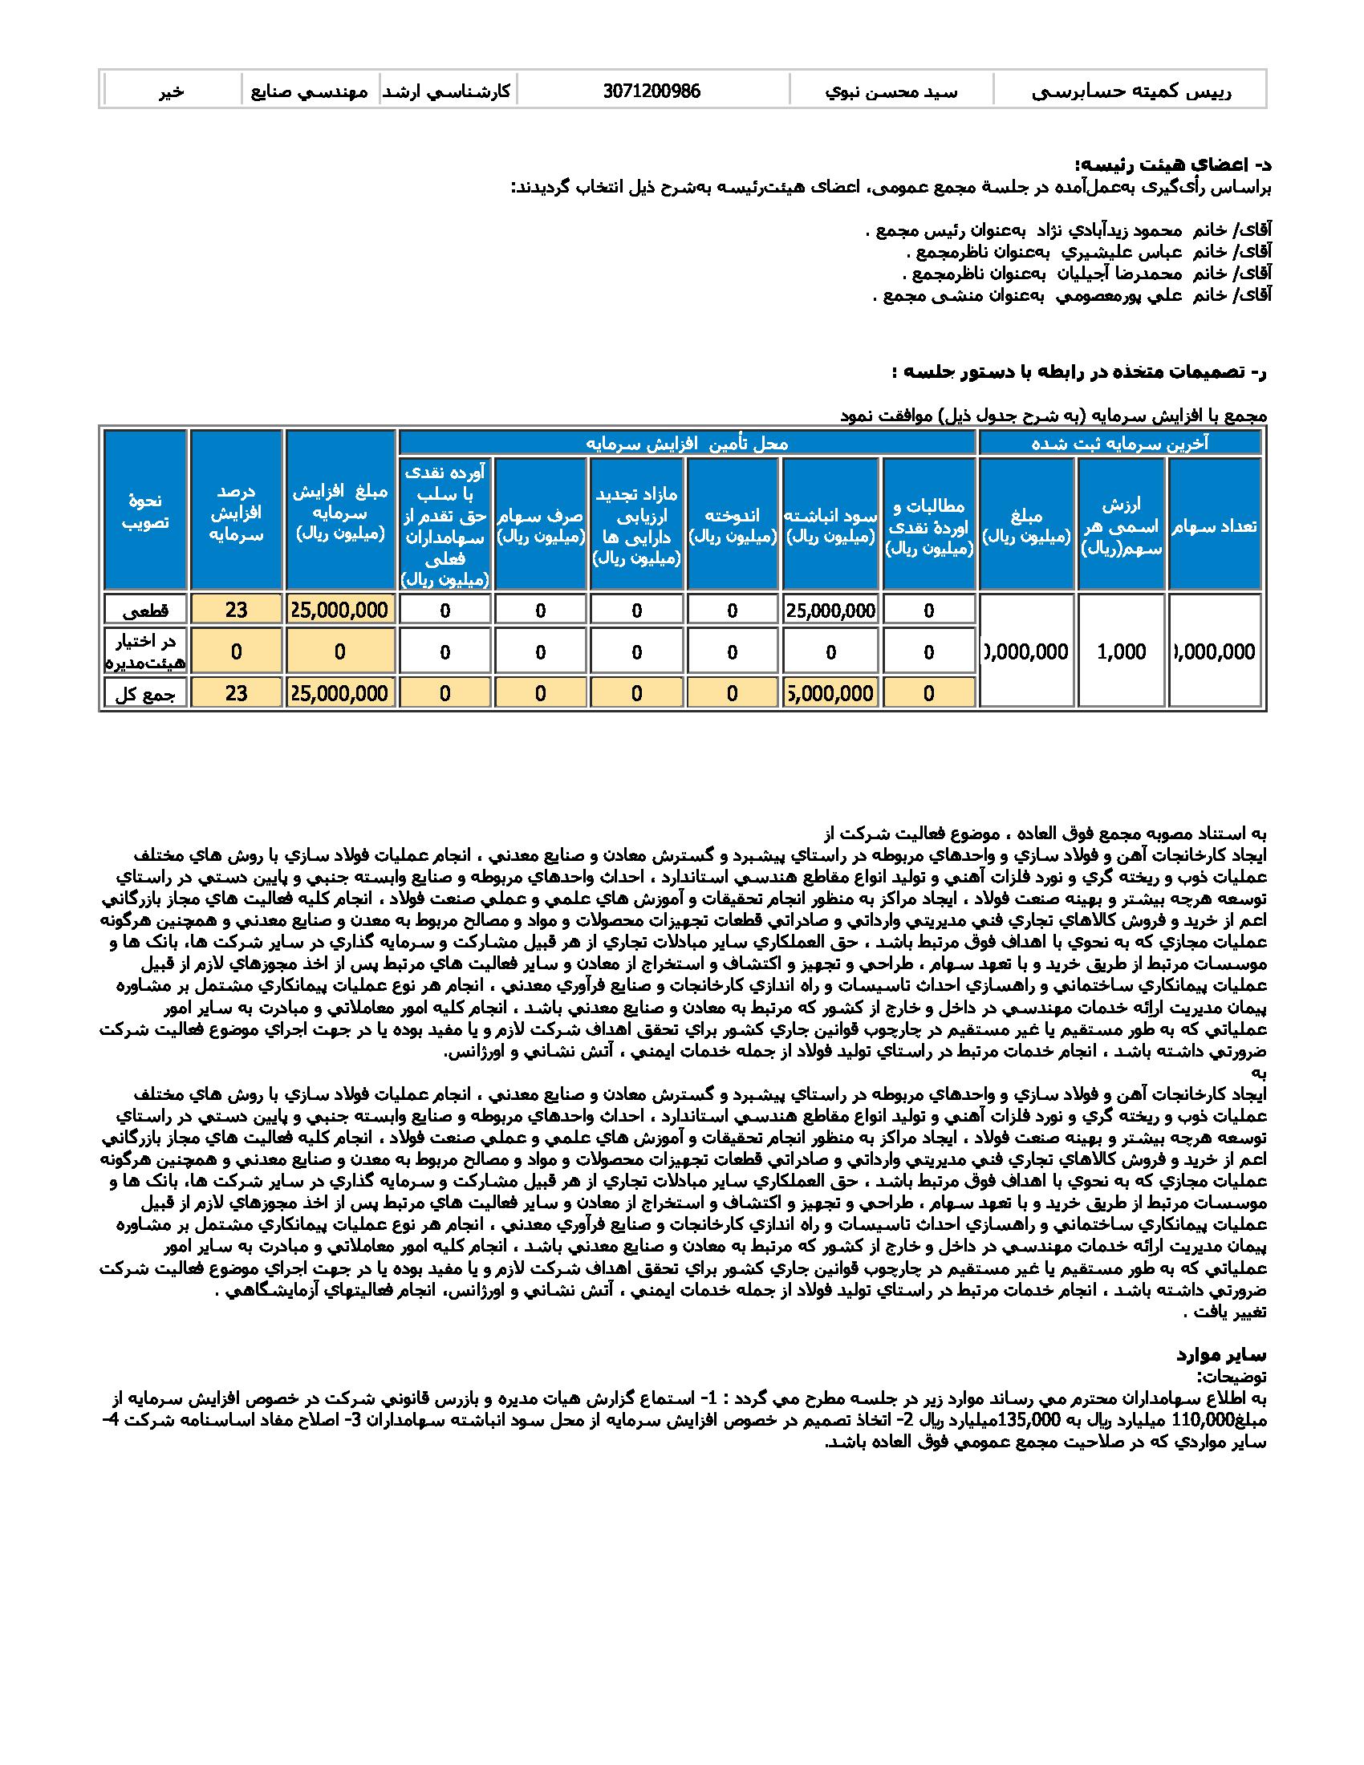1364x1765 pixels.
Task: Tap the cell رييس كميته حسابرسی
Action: [1131, 91]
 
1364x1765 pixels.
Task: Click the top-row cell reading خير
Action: [172, 91]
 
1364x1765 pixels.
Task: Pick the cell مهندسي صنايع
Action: [311, 91]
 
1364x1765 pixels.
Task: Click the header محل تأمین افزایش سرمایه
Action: [687, 443]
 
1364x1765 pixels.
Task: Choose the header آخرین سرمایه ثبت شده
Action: [1120, 443]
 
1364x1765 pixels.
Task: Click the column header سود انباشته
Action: [830, 525]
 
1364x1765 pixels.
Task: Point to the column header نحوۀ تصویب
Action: [145, 511]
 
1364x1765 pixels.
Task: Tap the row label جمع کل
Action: [145, 693]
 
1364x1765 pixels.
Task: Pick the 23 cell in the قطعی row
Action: [236, 610]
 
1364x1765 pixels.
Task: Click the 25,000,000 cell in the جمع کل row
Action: [340, 693]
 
